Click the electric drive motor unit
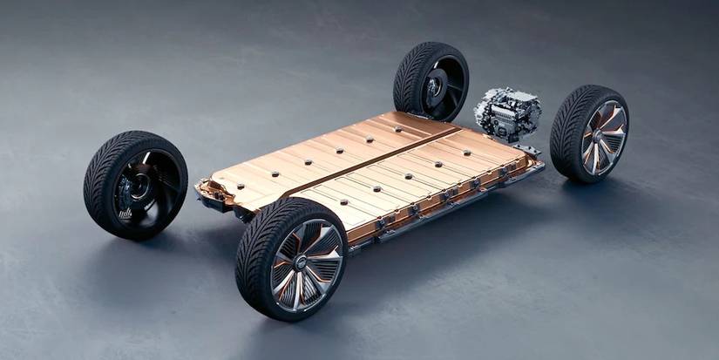coord(506,112)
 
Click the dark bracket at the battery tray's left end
coord(209,193)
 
